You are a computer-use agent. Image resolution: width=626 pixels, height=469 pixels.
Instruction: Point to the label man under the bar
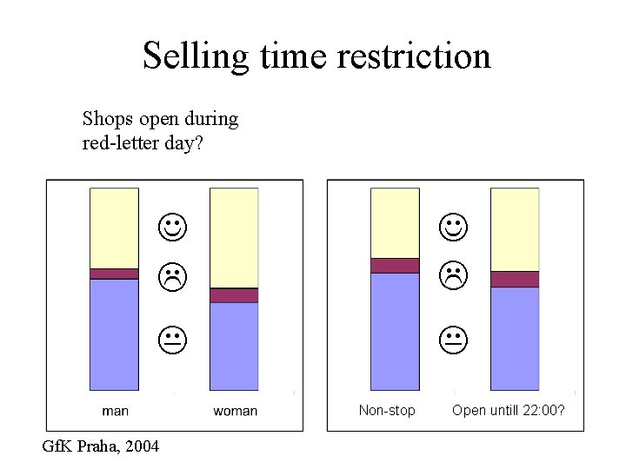click(x=115, y=410)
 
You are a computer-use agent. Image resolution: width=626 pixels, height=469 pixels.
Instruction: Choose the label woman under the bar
click(x=235, y=410)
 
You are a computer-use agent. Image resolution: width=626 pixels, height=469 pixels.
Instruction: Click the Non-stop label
click(x=387, y=410)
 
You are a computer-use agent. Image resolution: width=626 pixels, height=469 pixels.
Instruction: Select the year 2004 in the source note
click(x=142, y=446)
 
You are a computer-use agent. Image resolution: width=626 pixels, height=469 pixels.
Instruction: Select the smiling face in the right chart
click(x=453, y=228)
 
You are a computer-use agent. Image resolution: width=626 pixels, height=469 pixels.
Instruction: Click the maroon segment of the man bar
click(x=114, y=274)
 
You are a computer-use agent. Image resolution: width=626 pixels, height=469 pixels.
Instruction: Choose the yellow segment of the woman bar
click(x=235, y=237)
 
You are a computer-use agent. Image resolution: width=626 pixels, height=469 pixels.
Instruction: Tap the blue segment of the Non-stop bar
click(x=395, y=331)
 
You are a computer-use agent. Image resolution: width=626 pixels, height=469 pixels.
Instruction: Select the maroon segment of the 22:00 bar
click(x=515, y=279)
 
